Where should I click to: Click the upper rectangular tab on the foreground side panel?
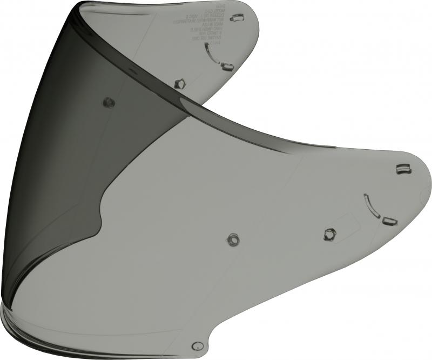point(403,170)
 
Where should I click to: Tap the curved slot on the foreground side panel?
point(371,206)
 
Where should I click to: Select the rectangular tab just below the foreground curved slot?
point(389,221)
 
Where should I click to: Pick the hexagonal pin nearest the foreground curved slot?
point(329,234)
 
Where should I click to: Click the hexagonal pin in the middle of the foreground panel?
point(233,238)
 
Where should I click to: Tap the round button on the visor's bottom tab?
point(197,346)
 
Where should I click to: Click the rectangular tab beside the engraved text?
point(237,18)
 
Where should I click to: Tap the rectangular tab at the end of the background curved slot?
point(227,66)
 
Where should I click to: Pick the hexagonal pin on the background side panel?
point(180,83)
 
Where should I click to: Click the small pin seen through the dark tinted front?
point(108,102)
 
